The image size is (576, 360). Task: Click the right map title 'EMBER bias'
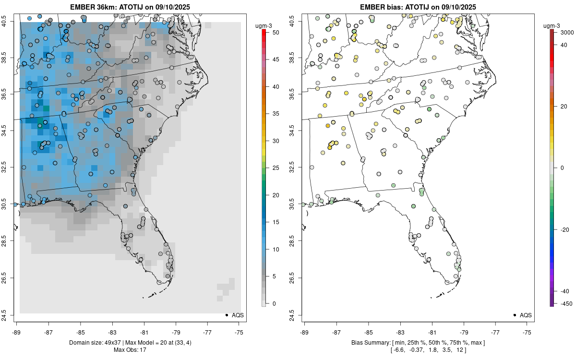coord(384,7)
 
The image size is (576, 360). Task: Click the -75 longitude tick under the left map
coord(239,332)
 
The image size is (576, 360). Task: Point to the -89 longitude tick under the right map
coord(305,332)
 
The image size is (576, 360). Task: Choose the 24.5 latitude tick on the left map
coord(10,315)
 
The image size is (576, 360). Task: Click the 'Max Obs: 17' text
coord(130,349)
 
